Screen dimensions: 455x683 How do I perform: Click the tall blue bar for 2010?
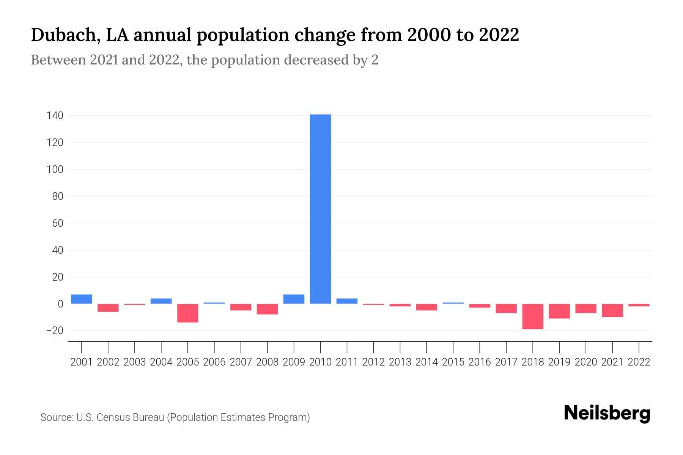tap(320, 209)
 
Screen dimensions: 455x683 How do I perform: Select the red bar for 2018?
tap(533, 316)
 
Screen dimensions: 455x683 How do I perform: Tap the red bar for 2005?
tap(188, 313)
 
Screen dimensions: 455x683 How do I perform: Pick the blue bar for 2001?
tap(82, 299)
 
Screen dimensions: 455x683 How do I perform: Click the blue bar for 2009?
tap(294, 299)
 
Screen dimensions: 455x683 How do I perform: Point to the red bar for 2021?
tap(612, 310)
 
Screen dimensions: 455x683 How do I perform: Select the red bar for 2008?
tap(267, 309)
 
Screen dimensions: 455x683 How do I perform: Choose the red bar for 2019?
tap(559, 311)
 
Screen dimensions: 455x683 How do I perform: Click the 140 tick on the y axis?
tap(55, 116)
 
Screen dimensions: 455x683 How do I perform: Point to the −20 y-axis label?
tap(55, 331)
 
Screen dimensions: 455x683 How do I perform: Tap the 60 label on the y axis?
tap(58, 223)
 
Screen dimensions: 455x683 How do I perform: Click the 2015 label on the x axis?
tap(453, 362)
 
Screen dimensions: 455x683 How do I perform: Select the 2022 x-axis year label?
tap(639, 362)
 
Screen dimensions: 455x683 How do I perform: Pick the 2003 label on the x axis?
tap(135, 362)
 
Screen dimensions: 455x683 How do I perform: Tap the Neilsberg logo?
tap(607, 414)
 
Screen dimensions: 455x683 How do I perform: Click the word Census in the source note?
tap(111, 417)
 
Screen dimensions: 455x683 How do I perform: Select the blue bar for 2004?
tap(161, 301)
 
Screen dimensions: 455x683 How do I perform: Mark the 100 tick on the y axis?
tap(55, 169)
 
